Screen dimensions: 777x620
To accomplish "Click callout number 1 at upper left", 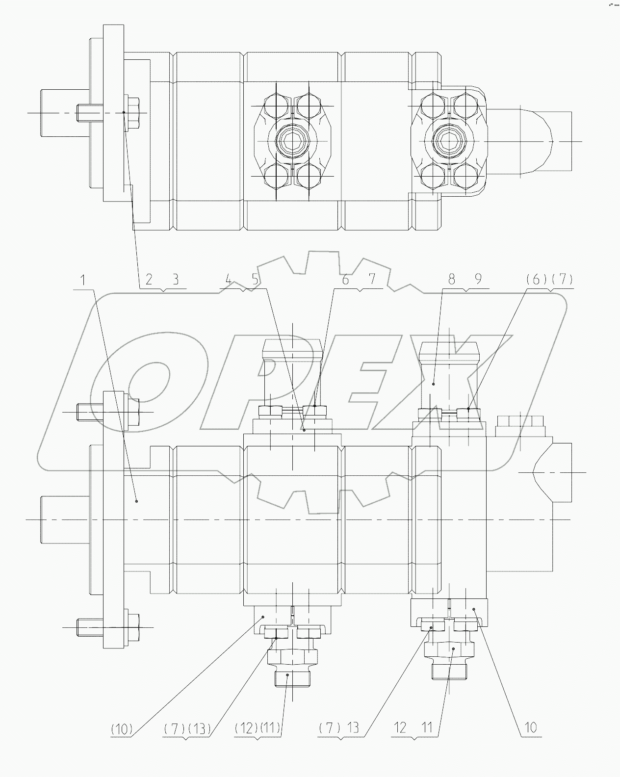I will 83,281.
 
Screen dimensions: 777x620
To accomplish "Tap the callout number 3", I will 175,280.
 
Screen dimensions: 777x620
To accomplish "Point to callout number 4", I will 228,280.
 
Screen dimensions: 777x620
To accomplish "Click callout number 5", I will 255,280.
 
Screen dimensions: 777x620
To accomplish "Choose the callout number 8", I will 451,280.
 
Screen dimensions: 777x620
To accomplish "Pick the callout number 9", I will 478,280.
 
